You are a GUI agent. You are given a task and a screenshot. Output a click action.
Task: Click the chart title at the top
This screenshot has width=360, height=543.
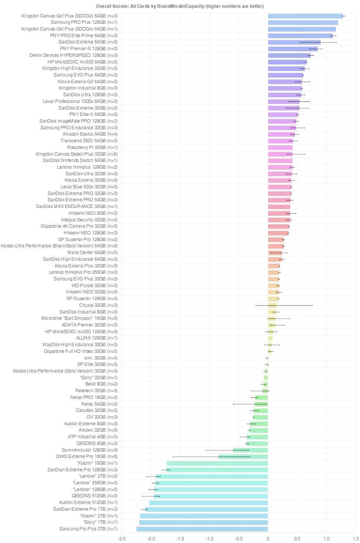[180, 6]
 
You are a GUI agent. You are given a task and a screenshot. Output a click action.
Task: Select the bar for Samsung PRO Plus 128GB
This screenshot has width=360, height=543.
[303, 23]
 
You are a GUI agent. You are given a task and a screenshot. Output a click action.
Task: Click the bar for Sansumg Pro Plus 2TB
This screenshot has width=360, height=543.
[202, 529]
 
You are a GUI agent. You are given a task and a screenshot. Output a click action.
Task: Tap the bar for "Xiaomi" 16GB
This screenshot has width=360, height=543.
[217, 463]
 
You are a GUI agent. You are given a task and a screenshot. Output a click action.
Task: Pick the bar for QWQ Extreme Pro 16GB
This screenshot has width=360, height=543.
[243, 456]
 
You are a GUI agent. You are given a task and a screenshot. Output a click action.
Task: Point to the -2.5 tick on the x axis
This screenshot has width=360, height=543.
[121, 539]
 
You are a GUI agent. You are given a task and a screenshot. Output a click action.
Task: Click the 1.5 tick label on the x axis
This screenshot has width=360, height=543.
[356, 539]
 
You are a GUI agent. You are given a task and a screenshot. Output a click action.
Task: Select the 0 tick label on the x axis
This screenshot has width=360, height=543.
[268, 539]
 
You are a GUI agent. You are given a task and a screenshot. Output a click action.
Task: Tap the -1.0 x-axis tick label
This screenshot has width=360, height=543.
[210, 539]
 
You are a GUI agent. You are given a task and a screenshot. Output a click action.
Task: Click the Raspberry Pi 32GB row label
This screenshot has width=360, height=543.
[92, 147]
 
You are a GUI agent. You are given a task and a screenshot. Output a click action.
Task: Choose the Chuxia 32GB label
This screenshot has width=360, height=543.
[98, 305]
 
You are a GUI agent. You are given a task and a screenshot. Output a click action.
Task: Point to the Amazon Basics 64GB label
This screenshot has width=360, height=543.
[90, 134]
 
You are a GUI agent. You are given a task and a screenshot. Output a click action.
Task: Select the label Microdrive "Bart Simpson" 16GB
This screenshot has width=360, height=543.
[79, 318]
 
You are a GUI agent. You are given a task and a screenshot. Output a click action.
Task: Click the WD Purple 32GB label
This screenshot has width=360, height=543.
[94, 286]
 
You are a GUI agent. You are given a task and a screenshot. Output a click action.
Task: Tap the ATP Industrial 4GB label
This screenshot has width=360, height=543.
[93, 437]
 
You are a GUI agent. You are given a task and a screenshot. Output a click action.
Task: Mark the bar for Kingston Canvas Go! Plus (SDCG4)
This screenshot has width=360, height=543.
[302, 29]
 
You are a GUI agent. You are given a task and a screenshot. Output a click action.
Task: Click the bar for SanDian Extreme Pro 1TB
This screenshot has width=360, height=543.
[207, 509]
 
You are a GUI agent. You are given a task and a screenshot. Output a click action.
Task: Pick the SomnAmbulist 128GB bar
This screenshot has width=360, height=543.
[250, 450]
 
